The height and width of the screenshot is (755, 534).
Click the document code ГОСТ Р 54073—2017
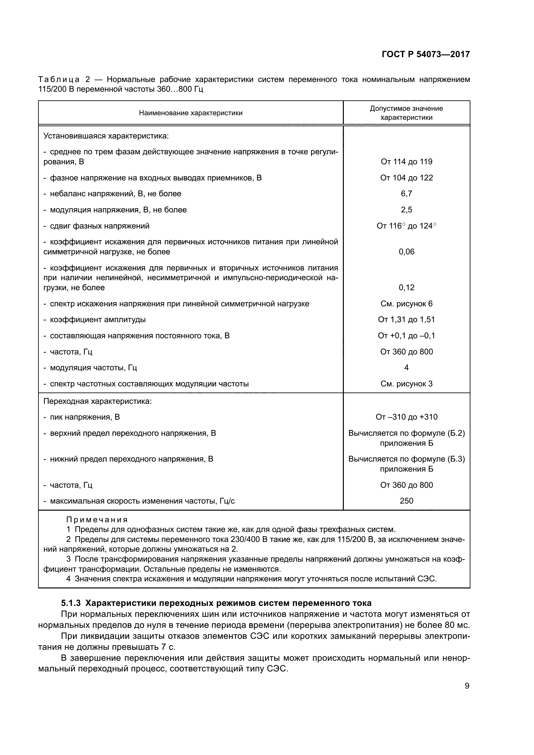pyautogui.click(x=426, y=54)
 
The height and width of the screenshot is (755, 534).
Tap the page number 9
pyautogui.click(x=467, y=686)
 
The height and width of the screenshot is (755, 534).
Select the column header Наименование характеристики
pyautogui.click(x=191, y=113)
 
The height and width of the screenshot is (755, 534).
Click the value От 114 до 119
pyautogui.click(x=406, y=161)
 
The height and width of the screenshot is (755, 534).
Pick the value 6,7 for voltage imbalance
pyautogui.click(x=406, y=194)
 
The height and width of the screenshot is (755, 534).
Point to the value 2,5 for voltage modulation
pyautogui.click(x=406, y=210)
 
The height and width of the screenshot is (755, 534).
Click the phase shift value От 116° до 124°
pyautogui.click(x=406, y=226)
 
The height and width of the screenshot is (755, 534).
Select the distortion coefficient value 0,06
pyautogui.click(x=406, y=252)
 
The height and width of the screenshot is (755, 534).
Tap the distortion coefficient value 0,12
pyautogui.click(x=406, y=288)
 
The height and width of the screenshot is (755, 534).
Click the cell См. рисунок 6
pyautogui.click(x=406, y=304)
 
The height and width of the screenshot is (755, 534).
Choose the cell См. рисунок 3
pyautogui.click(x=406, y=384)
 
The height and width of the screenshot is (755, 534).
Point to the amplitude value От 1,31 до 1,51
pyautogui.click(x=406, y=320)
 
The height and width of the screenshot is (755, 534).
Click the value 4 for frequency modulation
pyautogui.click(x=406, y=368)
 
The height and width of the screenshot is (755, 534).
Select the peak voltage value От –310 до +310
pyautogui.click(x=406, y=417)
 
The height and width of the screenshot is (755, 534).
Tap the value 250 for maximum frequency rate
pyautogui.click(x=406, y=501)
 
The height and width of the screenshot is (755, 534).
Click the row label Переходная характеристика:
pyautogui.click(x=98, y=401)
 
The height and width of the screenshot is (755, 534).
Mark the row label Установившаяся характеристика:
pyautogui.click(x=106, y=136)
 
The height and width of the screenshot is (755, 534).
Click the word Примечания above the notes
pyautogui.click(x=97, y=520)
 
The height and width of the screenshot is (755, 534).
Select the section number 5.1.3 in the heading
pyautogui.click(x=71, y=603)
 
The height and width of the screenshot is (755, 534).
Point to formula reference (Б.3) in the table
pyautogui.click(x=457, y=459)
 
